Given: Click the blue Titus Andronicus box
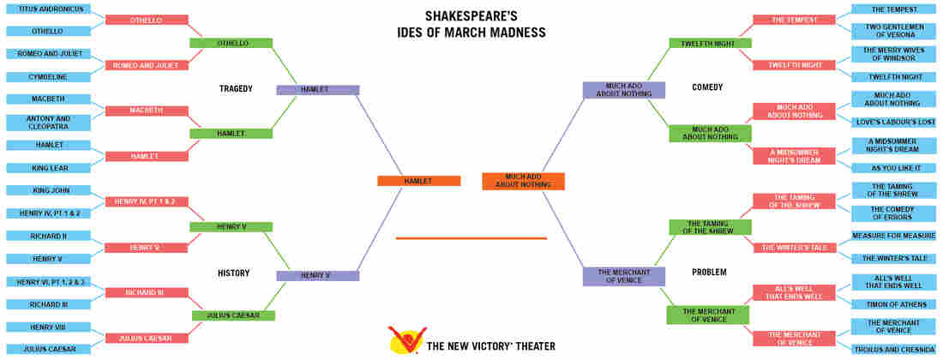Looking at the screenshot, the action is tap(49, 9).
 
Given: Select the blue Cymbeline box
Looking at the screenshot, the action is tap(49, 77).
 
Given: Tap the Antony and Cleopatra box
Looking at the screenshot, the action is tap(49, 123).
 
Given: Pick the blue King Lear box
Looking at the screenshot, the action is tap(49, 168).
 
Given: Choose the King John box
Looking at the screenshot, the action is tap(49, 190).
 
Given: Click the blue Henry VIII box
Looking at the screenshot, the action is tap(49, 327).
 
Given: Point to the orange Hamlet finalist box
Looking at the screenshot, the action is tap(418, 181).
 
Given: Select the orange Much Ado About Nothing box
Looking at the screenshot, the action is tap(523, 181).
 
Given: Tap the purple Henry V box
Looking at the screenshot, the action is tap(317, 276).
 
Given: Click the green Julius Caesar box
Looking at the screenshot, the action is tap(233, 315).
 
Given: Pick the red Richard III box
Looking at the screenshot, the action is tap(147, 292).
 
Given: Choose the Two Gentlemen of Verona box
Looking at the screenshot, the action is tap(893, 31).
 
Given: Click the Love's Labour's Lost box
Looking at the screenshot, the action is tap(893, 123).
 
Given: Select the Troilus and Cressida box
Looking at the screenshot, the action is tap(893, 349).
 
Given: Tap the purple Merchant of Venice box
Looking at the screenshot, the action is tap(623, 277).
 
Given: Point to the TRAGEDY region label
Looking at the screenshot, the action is tap(236, 89).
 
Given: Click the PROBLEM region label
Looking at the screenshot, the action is tap(710, 273).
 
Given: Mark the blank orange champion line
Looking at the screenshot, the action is tap(471, 238).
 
